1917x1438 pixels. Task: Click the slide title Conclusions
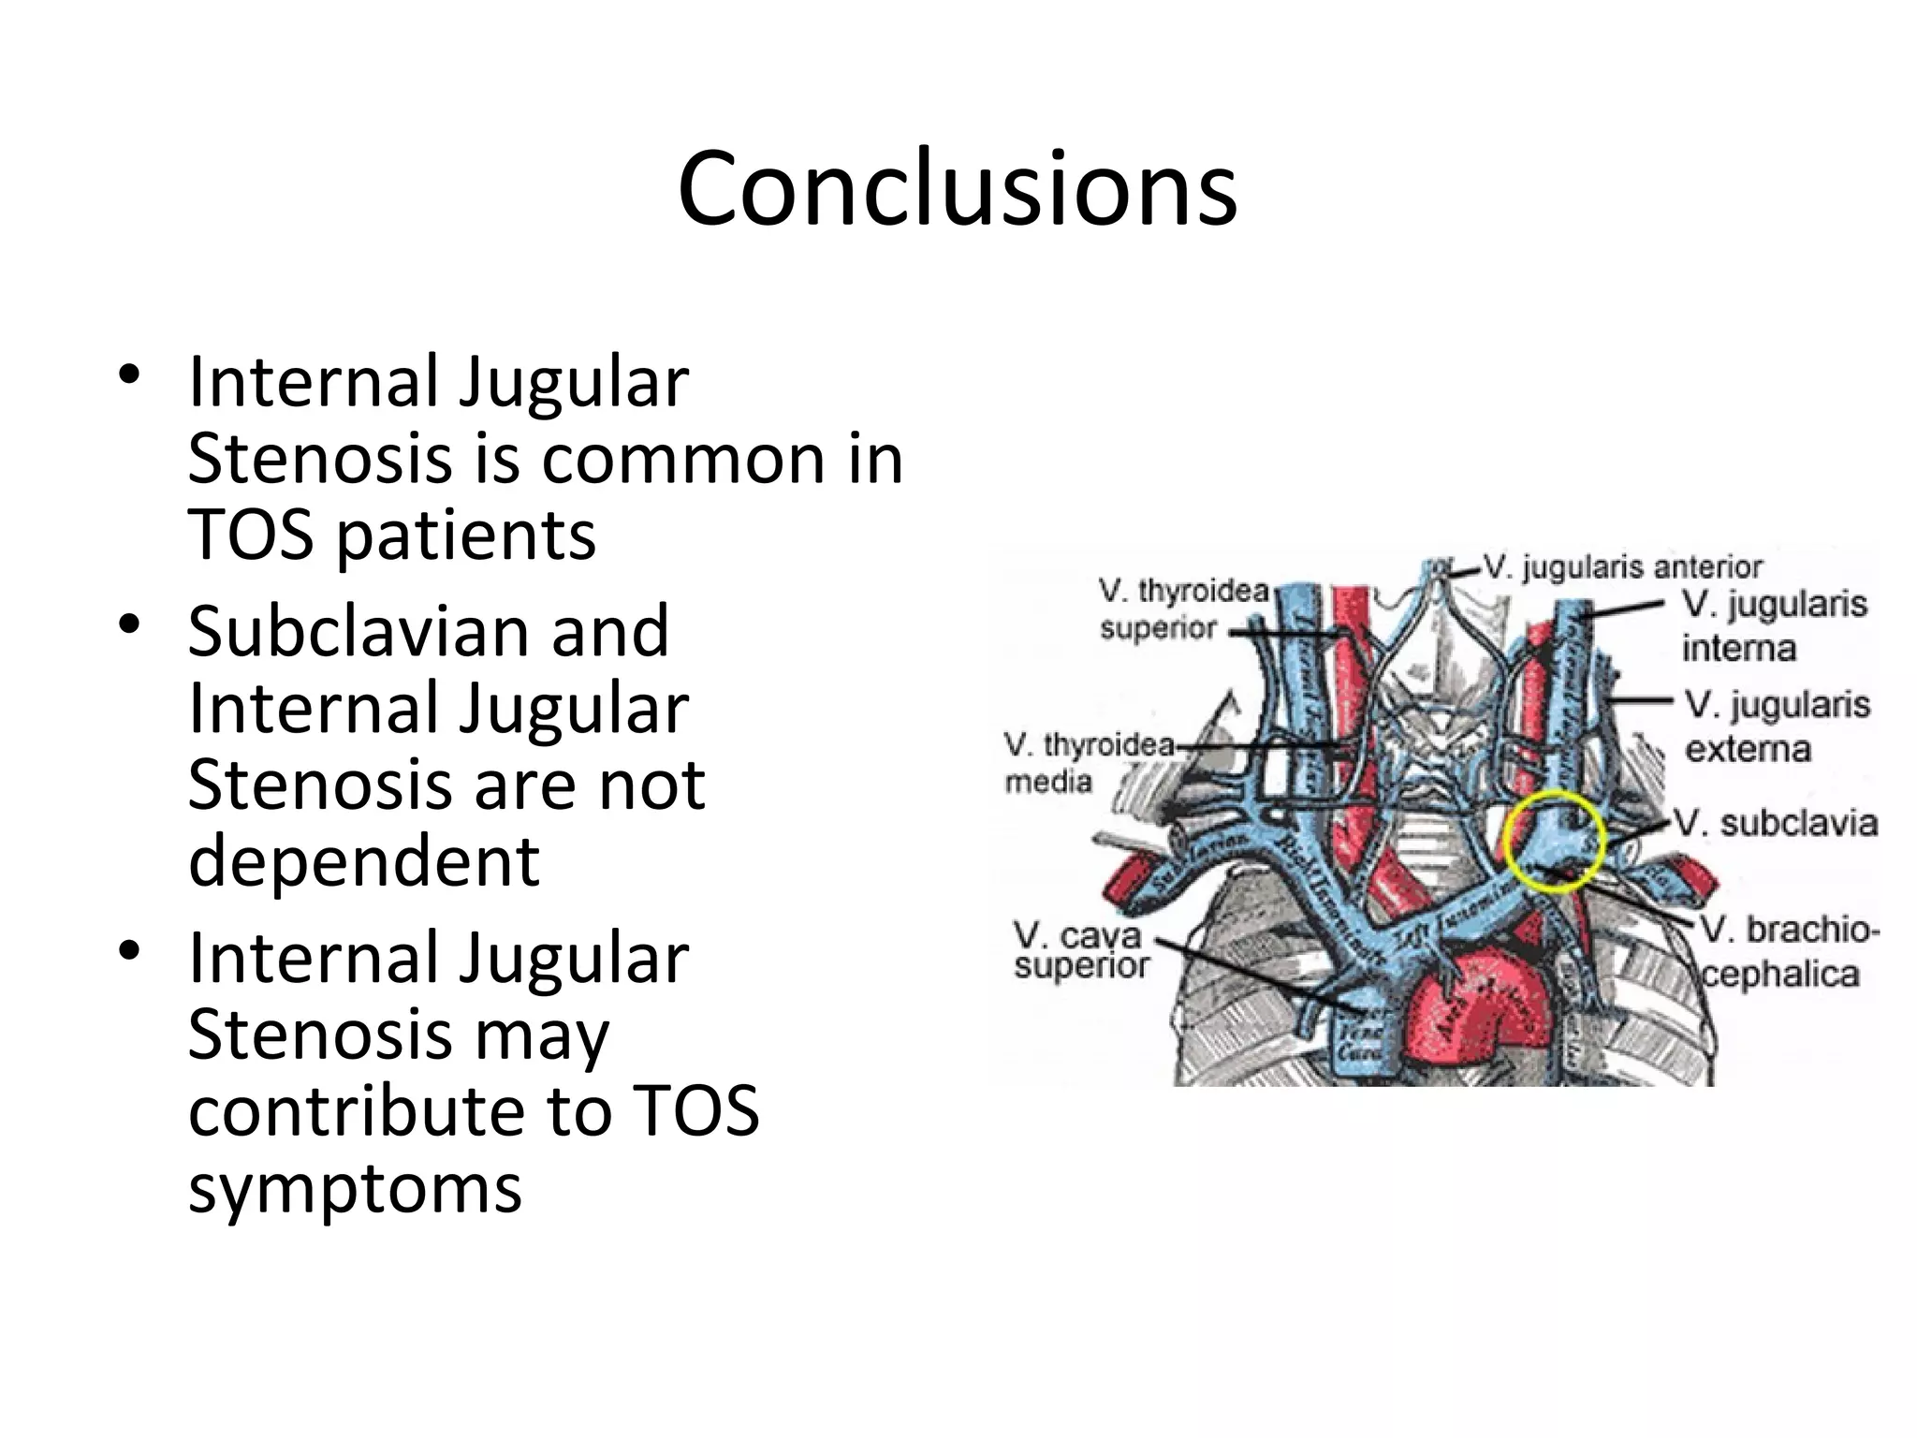tap(957, 190)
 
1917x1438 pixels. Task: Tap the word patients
tap(465, 537)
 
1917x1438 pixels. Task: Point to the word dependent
tap(363, 861)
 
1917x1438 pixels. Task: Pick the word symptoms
tap(354, 1189)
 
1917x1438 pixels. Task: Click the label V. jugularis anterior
tap(1623, 567)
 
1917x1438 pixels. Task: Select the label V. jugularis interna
tap(1773, 625)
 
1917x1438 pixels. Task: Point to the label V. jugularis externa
tap(1776, 726)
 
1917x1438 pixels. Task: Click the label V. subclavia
tap(1775, 824)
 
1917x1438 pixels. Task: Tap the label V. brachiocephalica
tap(1788, 952)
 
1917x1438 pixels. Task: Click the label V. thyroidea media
tap(1088, 762)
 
